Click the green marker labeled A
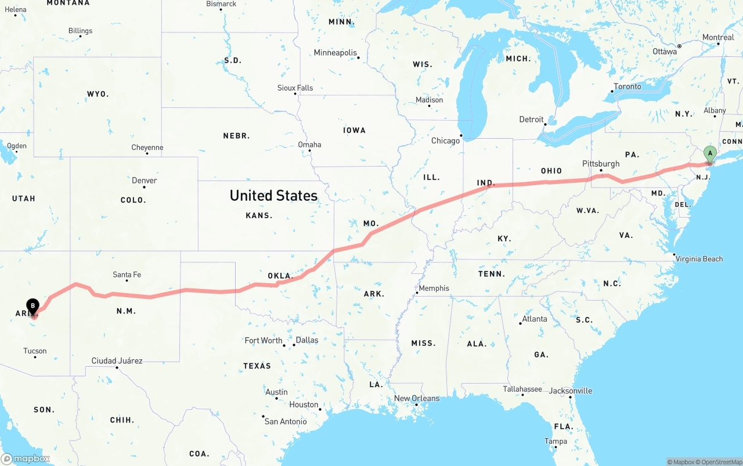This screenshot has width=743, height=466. [709, 154]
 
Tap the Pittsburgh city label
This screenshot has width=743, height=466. [601, 164]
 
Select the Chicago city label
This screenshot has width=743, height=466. [445, 140]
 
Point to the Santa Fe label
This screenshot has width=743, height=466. [127, 274]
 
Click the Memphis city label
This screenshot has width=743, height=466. [434, 288]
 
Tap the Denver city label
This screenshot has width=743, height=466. [144, 180]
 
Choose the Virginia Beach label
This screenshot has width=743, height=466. [699, 259]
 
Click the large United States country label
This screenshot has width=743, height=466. [273, 196]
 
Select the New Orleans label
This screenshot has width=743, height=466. [417, 398]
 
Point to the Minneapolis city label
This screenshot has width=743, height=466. [336, 53]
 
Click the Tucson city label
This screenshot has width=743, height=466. [35, 351]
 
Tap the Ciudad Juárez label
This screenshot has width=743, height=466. [117, 360]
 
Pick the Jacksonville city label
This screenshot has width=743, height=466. [571, 391]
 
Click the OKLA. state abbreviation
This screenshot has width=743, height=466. [279, 276]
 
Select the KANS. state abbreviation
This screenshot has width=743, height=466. [259, 215]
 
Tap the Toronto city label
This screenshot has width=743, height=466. [627, 86]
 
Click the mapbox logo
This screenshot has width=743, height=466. [26, 458]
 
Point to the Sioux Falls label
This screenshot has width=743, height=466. [295, 88]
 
